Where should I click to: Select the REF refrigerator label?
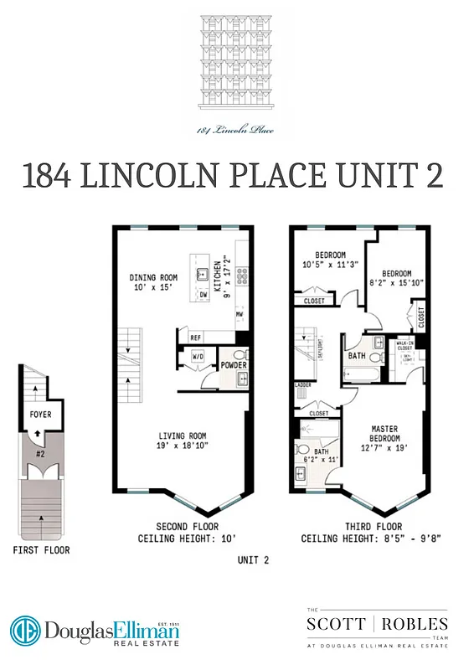tap(196, 338)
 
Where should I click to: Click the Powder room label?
tap(234, 365)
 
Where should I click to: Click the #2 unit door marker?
tap(40, 456)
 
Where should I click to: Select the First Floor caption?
tap(41, 550)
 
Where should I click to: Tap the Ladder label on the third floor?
tap(302, 386)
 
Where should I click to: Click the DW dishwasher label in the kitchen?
tap(204, 296)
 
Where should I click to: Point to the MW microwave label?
tap(239, 315)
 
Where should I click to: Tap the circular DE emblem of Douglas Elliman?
tap(25, 631)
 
